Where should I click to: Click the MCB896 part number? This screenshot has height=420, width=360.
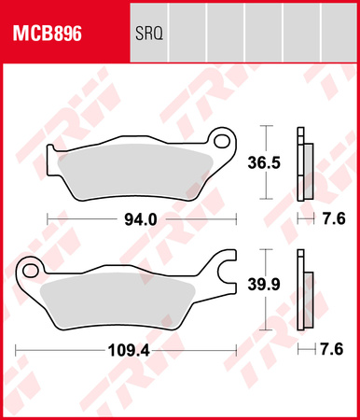coord(46,35)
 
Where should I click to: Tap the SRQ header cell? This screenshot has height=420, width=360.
coord(154,35)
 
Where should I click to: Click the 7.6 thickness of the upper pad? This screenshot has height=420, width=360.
coord(333,220)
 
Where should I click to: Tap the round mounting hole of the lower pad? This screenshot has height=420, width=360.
coord(31,271)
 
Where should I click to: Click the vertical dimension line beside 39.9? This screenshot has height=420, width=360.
coord(268,289)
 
